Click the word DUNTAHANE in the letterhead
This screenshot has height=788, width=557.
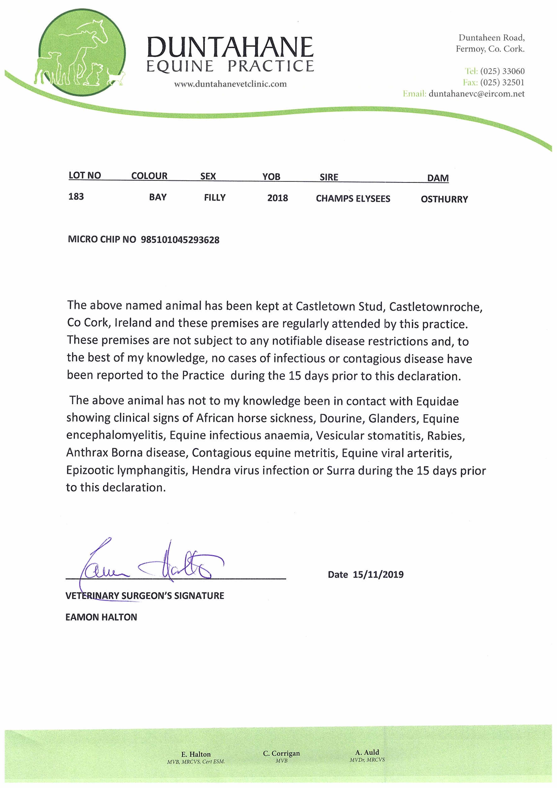click(230, 47)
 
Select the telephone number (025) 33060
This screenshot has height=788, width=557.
click(502, 71)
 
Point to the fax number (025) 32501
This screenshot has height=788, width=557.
click(502, 82)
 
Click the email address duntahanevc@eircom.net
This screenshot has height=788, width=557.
click(476, 94)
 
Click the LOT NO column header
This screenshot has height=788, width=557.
click(85, 175)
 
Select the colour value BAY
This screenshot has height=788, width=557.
click(158, 197)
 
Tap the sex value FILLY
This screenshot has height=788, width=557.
click(215, 198)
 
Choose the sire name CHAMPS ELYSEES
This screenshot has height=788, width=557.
click(353, 199)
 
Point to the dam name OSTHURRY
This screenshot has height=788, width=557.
click(444, 199)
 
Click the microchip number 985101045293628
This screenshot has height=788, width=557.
click(180, 240)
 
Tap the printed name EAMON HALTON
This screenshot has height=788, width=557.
click(101, 617)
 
